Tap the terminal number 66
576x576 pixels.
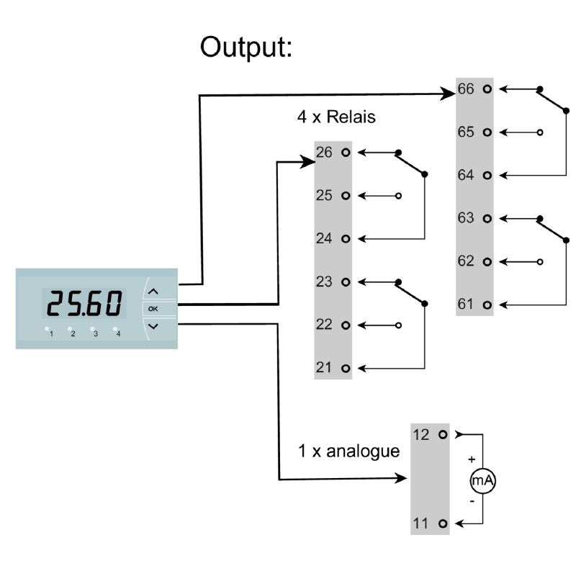click(466, 90)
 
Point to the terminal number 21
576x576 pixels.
click(324, 368)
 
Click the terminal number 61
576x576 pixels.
click(466, 305)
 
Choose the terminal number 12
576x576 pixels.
click(420, 435)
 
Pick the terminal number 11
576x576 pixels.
click(420, 523)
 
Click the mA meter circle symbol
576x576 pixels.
click(482, 481)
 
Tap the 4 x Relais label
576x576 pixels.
click(336, 117)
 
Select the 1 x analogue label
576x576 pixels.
click(348, 451)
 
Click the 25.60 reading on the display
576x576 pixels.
click(84, 305)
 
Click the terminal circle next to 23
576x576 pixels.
click(346, 282)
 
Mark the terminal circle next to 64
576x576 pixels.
click(487, 176)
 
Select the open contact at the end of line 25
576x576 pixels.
click(398, 196)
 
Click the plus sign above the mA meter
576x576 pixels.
click(472, 459)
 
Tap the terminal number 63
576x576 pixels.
click(466, 218)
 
